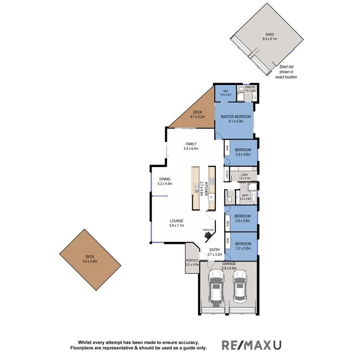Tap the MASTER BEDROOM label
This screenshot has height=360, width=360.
tap(236, 116)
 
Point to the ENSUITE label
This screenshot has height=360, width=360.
tap(250, 87)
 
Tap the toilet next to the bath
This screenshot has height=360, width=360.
tap(230, 199)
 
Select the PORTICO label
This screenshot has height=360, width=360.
tap(192, 261)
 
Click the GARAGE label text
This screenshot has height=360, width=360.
tap(229, 264)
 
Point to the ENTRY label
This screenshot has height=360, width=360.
tap(214, 250)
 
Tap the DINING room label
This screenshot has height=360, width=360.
tap(164, 179)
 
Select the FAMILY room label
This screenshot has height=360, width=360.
tap(191, 144)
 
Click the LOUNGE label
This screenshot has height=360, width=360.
tap(176, 220)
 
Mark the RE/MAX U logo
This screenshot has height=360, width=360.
tap(252, 344)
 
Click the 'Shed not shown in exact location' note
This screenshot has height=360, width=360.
tap(286, 72)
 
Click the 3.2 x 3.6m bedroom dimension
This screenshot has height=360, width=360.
tap(243, 248)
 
